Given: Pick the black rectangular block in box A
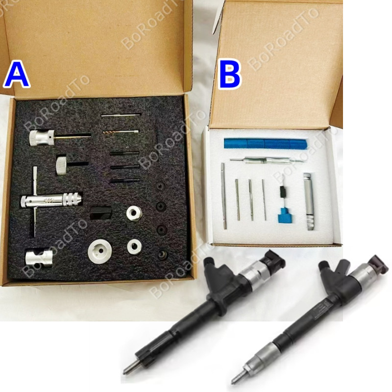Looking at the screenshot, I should click(x=101, y=213).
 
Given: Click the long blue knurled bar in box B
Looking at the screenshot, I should click(x=265, y=143).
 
